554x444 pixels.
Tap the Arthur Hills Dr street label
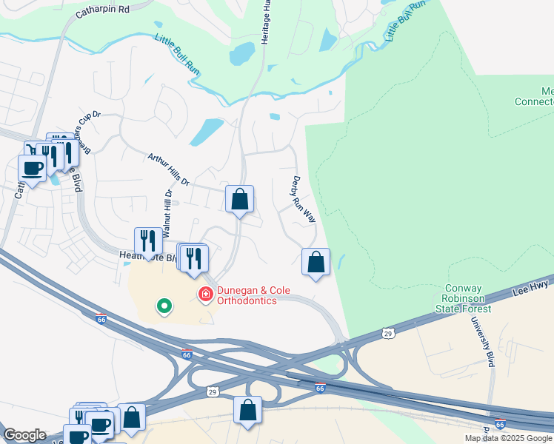(168, 169)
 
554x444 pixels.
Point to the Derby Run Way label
(303, 199)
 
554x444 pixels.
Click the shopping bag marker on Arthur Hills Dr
(239, 199)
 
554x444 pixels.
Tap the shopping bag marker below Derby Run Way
(316, 261)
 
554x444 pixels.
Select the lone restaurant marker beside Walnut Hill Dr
(148, 240)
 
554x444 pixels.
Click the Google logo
(24, 435)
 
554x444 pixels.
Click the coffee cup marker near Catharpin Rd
(32, 168)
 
